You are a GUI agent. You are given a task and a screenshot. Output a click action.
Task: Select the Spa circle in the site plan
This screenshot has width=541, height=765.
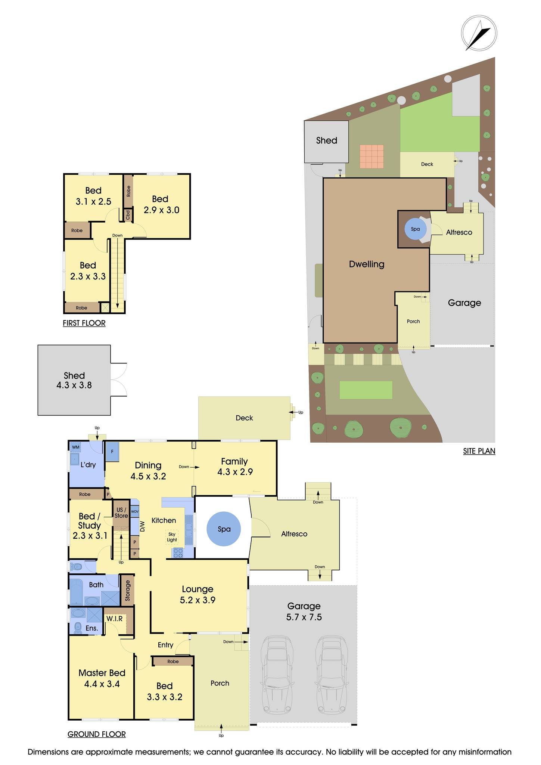(415, 229)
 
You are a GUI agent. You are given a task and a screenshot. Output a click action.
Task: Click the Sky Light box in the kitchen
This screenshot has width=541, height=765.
(172, 537)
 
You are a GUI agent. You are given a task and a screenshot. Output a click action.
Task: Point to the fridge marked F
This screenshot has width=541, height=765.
(112, 452)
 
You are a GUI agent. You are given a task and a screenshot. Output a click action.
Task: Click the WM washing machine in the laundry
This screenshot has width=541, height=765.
(76, 447)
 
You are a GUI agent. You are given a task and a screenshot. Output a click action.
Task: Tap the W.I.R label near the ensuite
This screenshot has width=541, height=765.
(114, 619)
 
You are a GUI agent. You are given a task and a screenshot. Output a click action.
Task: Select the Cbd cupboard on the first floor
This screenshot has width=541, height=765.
(128, 215)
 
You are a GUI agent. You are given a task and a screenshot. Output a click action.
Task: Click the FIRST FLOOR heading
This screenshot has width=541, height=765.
(84, 323)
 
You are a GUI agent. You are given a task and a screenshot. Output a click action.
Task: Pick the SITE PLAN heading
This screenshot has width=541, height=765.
(479, 451)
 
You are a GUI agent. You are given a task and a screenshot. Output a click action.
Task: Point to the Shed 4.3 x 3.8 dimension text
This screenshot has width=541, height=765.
(74, 385)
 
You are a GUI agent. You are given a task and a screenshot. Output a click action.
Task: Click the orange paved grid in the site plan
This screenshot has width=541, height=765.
(371, 157)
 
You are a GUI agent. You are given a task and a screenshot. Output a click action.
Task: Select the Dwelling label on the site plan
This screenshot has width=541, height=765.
(366, 264)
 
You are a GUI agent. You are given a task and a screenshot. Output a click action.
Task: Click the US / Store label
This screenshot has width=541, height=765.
(121, 512)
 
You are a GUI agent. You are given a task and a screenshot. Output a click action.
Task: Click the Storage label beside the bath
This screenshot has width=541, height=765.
(128, 590)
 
